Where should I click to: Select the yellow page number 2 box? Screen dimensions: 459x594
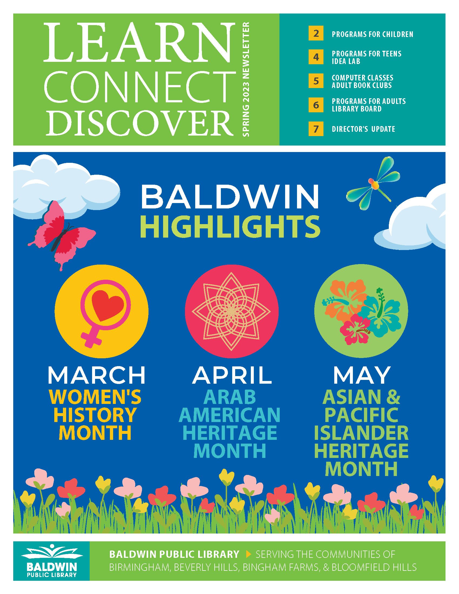tap(316, 33)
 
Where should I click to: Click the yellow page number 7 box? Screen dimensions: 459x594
tap(316, 129)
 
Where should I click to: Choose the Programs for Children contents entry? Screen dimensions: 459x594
tap(372, 34)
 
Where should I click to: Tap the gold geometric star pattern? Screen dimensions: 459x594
tap(231, 311)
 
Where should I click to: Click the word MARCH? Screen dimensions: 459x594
tap(97, 375)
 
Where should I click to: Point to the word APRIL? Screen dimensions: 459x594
tap(232, 375)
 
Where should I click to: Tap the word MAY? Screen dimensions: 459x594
tap(362, 375)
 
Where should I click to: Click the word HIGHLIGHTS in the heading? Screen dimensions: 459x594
tap(230, 227)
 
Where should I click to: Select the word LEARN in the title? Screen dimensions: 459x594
tap(139, 42)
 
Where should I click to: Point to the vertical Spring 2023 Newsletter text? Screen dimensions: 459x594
tap(245, 79)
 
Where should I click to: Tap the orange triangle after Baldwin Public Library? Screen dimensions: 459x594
tap(248, 554)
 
